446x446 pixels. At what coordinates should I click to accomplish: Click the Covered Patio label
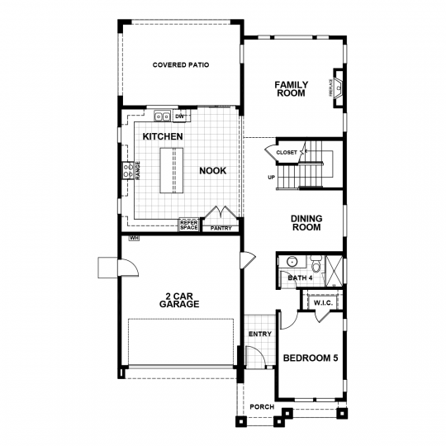[x=181, y=65]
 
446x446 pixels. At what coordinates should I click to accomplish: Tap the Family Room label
[x=291, y=89]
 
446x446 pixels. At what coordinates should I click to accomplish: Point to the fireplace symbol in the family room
[x=338, y=88]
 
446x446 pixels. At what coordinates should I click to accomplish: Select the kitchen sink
[x=162, y=116]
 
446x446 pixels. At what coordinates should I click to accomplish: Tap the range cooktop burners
[x=128, y=170]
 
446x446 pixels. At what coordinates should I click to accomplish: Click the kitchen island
[x=172, y=170]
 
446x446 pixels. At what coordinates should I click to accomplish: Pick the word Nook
[x=213, y=171]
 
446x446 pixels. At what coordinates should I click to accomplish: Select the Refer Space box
[x=189, y=225]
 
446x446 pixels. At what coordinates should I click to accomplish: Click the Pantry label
[x=221, y=228]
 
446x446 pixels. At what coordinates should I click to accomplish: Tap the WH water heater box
[x=134, y=238]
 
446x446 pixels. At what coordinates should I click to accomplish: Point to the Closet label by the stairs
[x=287, y=153]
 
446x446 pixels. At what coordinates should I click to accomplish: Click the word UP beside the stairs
[x=272, y=178]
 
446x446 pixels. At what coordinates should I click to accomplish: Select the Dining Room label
[x=306, y=223]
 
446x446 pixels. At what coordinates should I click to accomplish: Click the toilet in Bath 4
[x=316, y=263]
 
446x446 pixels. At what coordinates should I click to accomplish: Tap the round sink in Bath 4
[x=292, y=261]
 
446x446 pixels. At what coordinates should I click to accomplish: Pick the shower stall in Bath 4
[x=334, y=271]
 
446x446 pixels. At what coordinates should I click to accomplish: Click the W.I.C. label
[x=323, y=303]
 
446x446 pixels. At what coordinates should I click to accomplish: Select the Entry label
[x=260, y=334]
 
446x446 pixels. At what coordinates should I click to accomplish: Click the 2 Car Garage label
[x=179, y=300]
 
